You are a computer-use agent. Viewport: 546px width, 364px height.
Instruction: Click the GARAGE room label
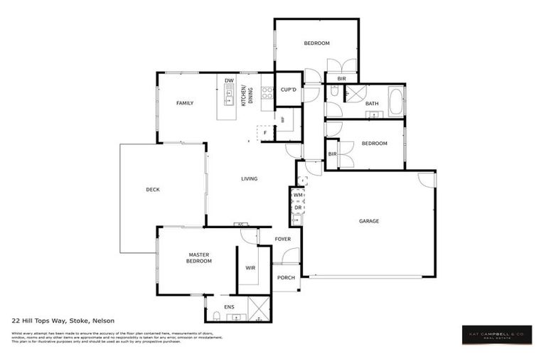pos(368,221)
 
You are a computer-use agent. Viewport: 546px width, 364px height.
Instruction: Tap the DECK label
pos(153,189)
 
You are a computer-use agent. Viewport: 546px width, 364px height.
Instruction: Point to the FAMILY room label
pos(185,103)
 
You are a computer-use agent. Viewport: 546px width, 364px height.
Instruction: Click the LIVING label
pos(249,178)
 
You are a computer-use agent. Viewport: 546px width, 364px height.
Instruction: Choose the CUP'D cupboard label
pos(288,90)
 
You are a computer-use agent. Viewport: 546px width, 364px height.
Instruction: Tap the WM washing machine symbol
pos(298,194)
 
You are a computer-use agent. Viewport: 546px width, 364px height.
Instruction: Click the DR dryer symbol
pos(298,208)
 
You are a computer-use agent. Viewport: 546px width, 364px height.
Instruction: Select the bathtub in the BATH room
pos(395,100)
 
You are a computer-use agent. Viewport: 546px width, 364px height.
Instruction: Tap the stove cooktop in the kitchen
pos(267,92)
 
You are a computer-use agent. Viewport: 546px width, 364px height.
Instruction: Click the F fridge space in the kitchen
pos(265,133)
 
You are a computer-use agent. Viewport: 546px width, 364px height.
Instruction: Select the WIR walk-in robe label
pos(250,267)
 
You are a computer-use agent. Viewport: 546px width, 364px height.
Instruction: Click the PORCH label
pos(286,277)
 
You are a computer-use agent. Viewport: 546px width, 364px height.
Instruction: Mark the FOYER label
pos(283,239)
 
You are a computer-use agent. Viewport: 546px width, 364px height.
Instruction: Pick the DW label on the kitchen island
pos(229,81)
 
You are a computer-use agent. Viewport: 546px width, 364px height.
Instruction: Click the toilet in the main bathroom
pos(334,91)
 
